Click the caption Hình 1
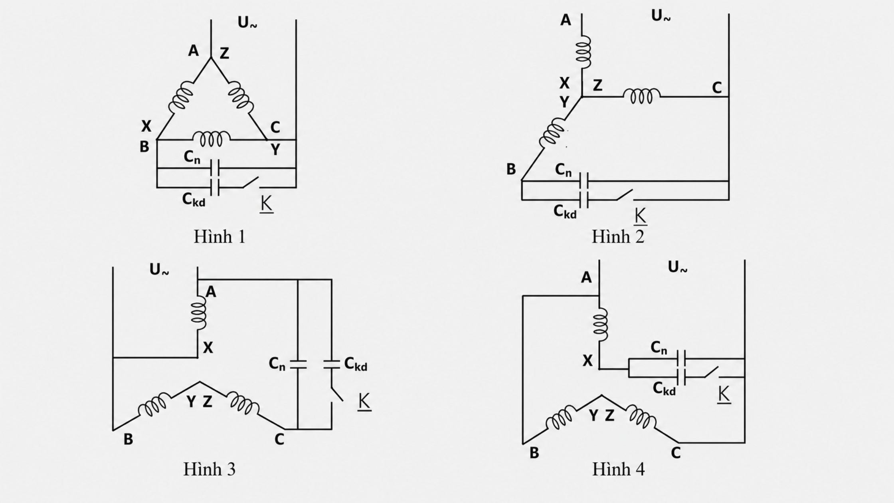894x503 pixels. tap(219, 236)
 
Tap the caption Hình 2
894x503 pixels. tap(618, 236)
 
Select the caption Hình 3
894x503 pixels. tap(209, 469)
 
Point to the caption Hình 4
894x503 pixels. tap(618, 469)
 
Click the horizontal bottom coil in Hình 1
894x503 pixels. tap(212, 139)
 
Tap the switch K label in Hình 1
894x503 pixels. tap(266, 204)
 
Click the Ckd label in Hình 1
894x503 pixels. tap(194, 199)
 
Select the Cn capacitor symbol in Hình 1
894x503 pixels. tap(215, 168)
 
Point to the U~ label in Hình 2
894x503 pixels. tap(661, 16)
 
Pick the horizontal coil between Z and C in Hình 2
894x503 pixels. tap(642, 96)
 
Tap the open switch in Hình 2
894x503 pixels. tap(624, 196)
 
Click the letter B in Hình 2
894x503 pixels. tap(511, 169)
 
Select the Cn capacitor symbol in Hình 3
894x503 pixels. tap(298, 364)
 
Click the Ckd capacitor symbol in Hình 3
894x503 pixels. tap(331, 364)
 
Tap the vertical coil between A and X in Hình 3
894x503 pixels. tap(199, 313)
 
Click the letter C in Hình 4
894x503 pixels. tap(676, 453)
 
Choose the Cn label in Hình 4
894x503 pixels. tap(659, 348)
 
